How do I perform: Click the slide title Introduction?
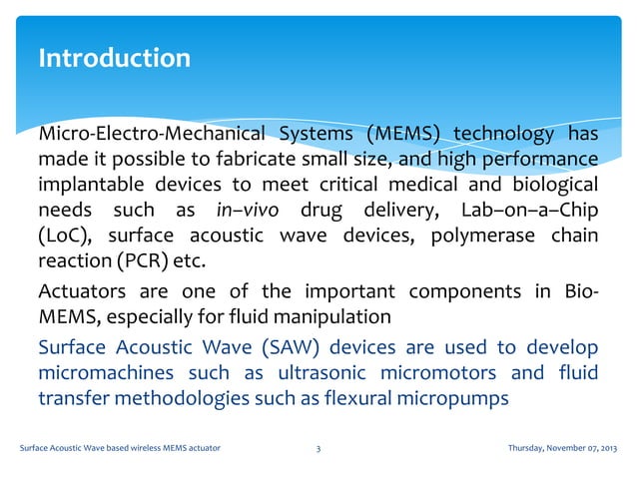114,59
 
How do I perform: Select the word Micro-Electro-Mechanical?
151,135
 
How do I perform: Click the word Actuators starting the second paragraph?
81,292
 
